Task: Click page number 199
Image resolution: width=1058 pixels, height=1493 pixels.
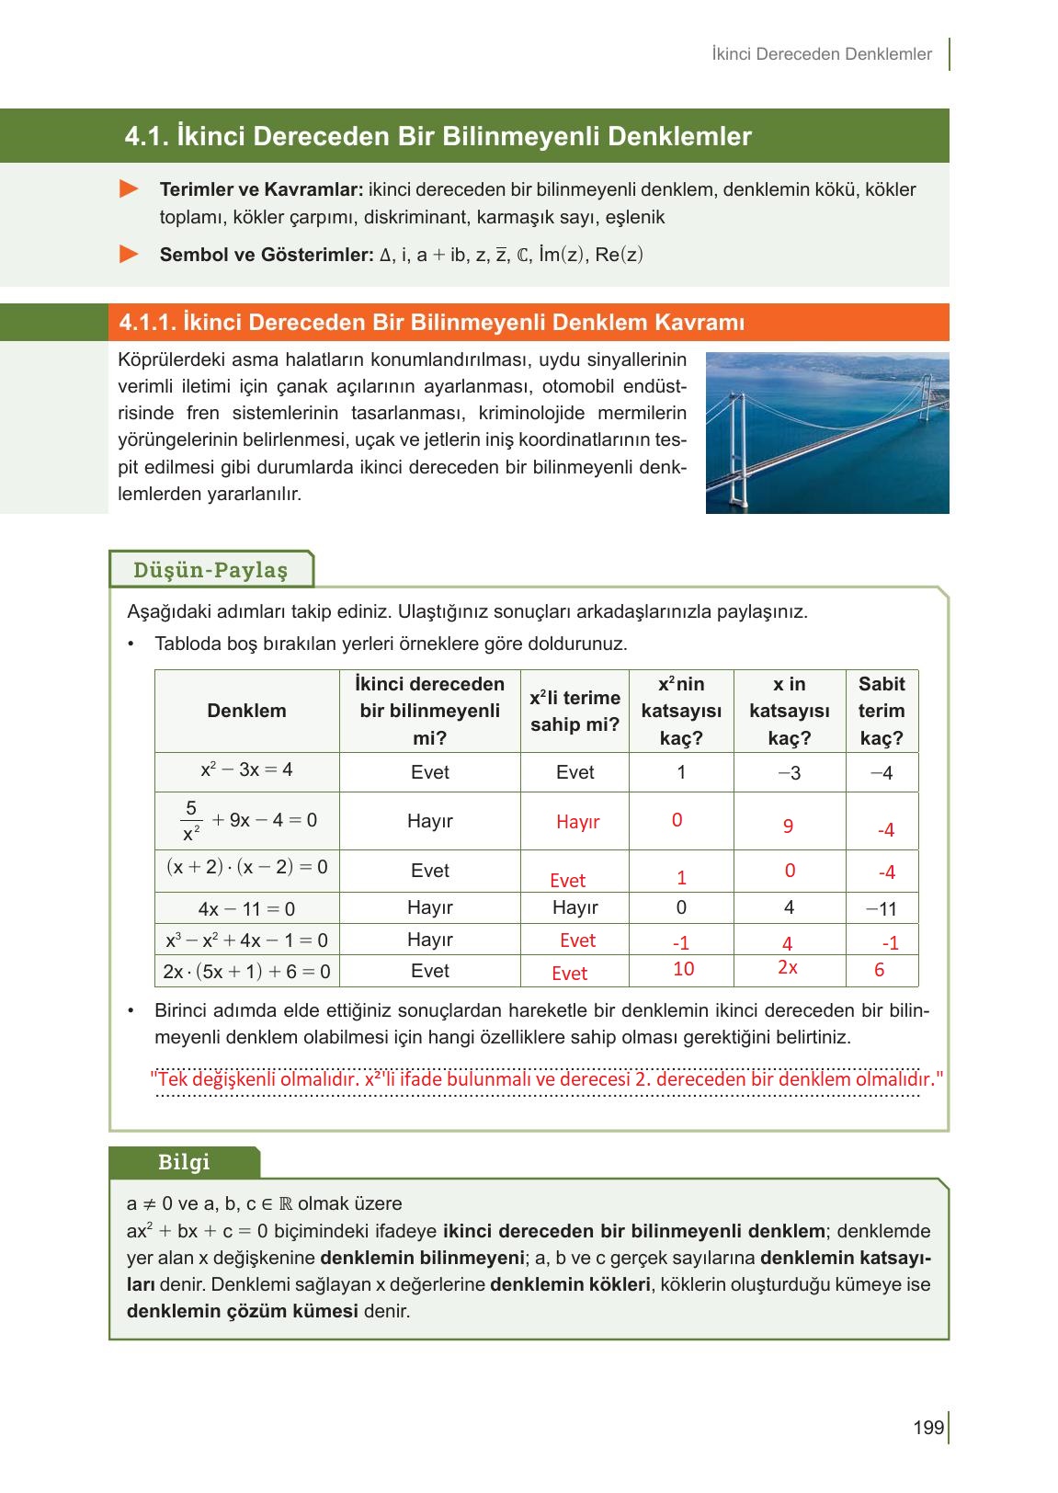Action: [927, 1428]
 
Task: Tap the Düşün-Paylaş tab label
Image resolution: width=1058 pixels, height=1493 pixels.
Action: [210, 570]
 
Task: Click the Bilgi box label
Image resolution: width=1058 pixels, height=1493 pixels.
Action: [184, 1162]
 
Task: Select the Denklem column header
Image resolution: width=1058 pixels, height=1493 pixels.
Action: [246, 711]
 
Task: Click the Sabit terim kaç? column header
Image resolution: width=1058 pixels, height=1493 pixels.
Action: [881, 711]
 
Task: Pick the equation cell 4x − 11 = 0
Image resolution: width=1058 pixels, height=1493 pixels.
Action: [246, 909]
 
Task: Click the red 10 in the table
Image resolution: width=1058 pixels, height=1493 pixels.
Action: [683, 969]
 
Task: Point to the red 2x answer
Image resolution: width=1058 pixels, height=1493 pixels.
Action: [787, 967]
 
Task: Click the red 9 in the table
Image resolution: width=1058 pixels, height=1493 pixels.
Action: [788, 826]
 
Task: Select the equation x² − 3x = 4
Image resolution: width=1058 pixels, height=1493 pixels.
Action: [246, 769]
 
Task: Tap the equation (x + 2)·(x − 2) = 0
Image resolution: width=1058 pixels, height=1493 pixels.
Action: [246, 867]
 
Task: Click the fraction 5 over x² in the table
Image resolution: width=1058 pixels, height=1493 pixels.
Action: [191, 821]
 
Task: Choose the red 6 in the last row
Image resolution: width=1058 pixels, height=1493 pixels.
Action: [879, 970]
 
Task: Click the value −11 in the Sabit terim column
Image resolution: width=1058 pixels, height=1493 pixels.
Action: [881, 909]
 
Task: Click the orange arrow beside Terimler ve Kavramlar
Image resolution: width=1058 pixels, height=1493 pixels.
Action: [130, 189]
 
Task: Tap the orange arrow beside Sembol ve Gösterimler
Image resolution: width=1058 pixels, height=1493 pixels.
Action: [130, 254]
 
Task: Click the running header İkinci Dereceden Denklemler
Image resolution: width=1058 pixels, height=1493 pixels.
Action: [821, 54]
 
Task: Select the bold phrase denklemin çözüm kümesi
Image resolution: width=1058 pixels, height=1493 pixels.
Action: [242, 1311]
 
